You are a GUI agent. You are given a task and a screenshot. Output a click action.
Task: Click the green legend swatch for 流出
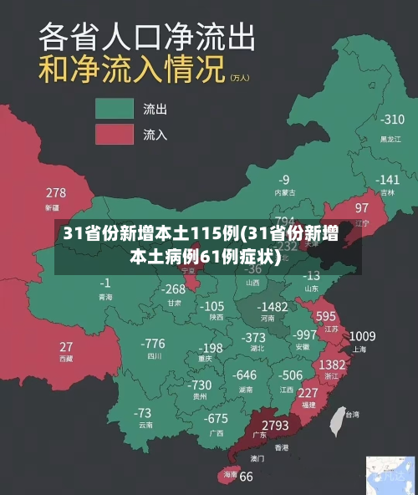coord(115,108)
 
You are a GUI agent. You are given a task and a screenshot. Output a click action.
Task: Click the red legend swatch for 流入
coord(115,134)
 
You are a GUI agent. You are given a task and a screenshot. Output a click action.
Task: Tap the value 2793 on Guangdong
coord(275,426)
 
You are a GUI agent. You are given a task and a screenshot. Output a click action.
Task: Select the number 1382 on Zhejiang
coord(332,365)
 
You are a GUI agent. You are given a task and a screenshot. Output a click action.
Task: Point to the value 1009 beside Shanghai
coord(362,336)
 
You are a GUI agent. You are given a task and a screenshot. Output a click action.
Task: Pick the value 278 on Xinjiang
coord(56,193)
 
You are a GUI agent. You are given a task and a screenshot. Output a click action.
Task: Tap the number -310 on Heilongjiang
coord(391,120)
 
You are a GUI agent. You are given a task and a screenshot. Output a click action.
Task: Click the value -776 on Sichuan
coord(153,343)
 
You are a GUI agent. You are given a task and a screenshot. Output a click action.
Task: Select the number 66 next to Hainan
coord(246,477)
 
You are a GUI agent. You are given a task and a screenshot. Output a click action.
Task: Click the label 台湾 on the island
coord(352,414)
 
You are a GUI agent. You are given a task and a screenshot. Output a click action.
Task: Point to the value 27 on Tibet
coord(66,346)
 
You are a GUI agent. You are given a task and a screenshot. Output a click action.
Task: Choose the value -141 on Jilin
coord(387,180)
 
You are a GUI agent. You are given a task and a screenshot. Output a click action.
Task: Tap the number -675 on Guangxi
coord(216,418)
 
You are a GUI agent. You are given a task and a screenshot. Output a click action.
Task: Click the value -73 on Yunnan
coord(143,412)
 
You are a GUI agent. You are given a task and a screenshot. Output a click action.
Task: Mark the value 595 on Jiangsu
coord(326,316)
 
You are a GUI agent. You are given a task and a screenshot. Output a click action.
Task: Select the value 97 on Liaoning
coord(362,207)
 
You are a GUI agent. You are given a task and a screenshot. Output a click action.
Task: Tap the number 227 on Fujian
coord(308,392)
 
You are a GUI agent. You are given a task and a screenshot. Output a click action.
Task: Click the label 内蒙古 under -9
coord(285,191)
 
